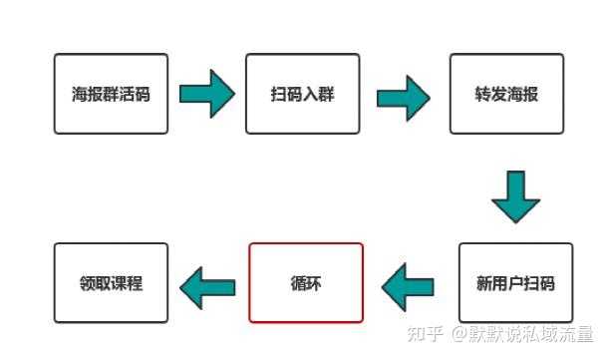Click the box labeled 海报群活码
tap(110, 95)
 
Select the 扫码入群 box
tap(302, 95)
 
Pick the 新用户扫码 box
tap(515, 282)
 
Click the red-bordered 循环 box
tap(306, 282)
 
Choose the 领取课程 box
tap(110, 282)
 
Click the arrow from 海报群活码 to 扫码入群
tap(206, 95)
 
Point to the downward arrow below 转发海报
tap(515, 197)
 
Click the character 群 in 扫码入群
tap(326, 96)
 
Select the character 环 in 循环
tap(315, 283)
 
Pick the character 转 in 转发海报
tap(482, 96)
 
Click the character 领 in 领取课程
tap(86, 283)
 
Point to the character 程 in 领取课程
tap(134, 283)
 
